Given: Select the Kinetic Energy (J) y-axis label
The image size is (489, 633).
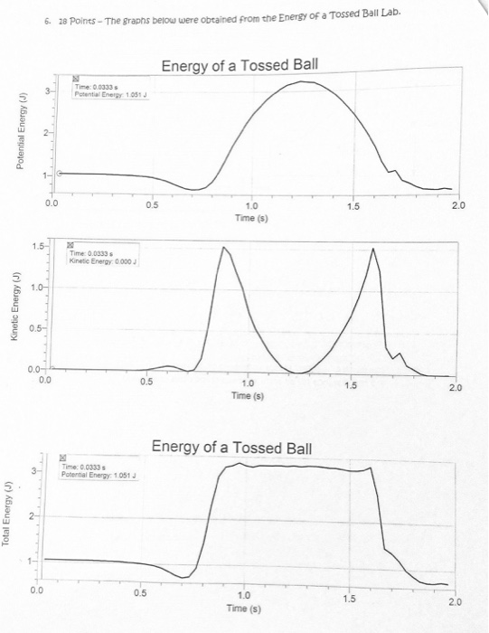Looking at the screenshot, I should [14, 313].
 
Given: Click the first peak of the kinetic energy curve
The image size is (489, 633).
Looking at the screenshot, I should [223, 246].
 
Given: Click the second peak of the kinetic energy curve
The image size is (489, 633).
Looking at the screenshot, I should [372, 249].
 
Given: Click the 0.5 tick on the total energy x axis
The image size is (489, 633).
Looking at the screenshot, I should [138, 593].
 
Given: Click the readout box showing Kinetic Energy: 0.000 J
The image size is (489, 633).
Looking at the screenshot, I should [102, 260].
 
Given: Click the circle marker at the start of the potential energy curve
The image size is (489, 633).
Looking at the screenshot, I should [59, 173].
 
